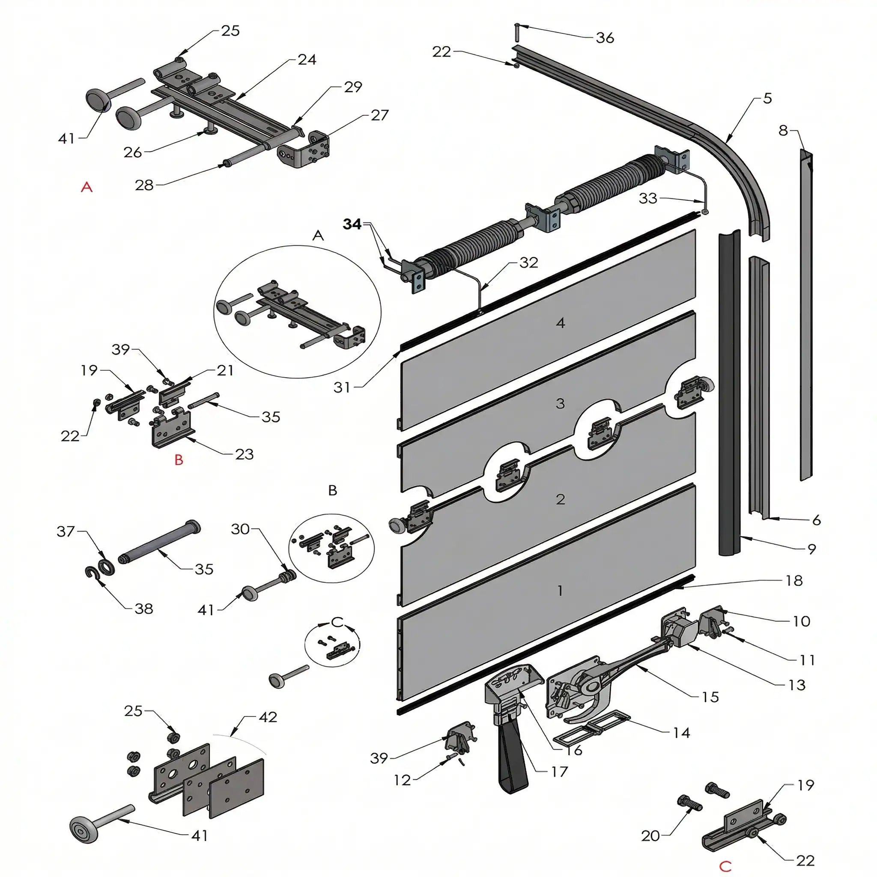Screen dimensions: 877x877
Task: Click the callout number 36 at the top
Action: (x=605, y=38)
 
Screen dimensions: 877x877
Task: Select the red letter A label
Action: (x=87, y=187)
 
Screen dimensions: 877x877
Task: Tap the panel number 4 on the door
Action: (x=560, y=323)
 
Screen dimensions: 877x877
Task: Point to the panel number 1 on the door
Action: (x=560, y=591)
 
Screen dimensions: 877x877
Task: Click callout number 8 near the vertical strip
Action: (x=783, y=131)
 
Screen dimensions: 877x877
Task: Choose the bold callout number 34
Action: (x=352, y=224)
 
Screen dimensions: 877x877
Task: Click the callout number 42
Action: (x=268, y=717)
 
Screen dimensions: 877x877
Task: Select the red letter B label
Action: (x=179, y=460)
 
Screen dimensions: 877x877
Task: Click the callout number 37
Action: (x=66, y=531)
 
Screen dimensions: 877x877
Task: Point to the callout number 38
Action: (x=144, y=609)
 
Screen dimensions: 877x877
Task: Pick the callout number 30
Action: (x=240, y=529)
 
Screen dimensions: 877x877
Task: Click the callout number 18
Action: (x=794, y=581)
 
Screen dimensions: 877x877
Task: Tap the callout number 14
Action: (x=681, y=732)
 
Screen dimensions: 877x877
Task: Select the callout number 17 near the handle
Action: (x=559, y=772)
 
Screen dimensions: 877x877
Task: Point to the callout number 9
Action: (x=811, y=549)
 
